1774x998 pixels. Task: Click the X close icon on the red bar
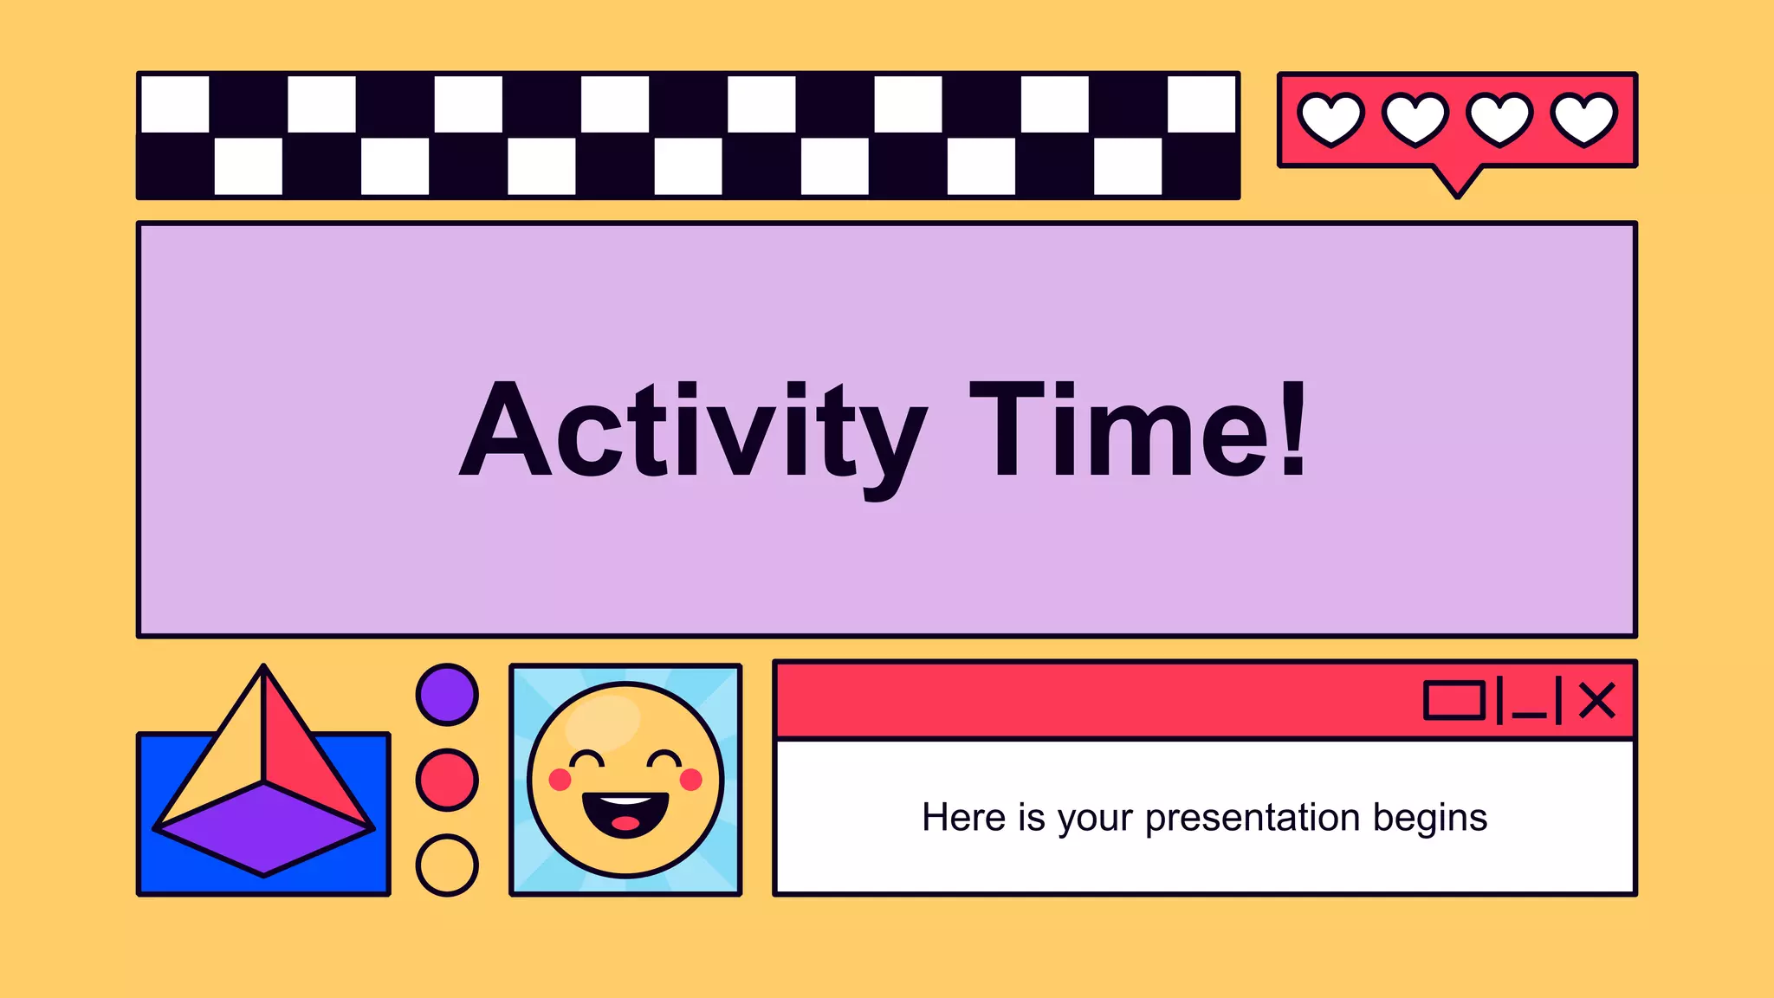coord(1596,700)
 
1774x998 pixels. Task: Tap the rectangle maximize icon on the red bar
coord(1454,700)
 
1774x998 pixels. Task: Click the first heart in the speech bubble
coord(1330,119)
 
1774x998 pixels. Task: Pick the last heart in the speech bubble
coord(1583,119)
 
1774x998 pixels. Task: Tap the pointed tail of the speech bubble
coord(1458,184)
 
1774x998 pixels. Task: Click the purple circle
coord(447,695)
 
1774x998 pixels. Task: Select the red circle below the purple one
coord(447,780)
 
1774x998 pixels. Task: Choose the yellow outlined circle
coord(447,865)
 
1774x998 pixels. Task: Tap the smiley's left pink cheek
coord(560,780)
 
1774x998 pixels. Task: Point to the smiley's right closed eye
coord(665,761)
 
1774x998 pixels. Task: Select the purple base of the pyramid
coord(263,827)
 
